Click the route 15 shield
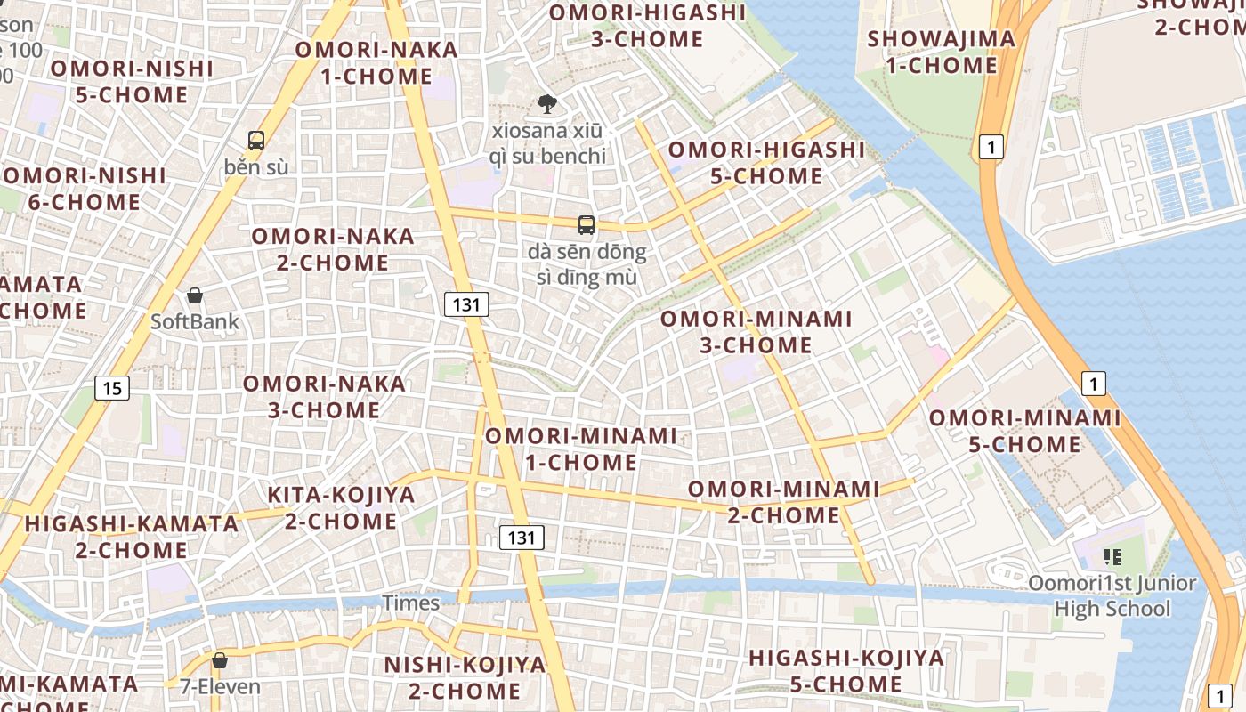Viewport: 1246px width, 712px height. coord(111,388)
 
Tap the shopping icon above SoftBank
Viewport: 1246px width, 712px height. coord(195,295)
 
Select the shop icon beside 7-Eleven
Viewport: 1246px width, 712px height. coord(219,660)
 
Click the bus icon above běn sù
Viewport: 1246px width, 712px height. coord(256,140)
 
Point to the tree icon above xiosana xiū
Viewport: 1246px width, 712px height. coord(547,105)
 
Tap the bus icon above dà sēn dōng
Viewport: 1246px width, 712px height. coord(586,225)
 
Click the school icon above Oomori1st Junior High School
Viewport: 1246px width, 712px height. coord(1112,557)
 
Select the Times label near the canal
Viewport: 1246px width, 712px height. coord(411,603)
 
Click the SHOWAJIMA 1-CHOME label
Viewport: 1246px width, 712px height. coord(942,52)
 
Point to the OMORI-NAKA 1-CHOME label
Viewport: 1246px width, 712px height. coord(376,62)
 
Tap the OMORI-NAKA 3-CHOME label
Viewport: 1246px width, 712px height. coord(324,397)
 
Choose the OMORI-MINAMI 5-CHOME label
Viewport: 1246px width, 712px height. coord(1025,431)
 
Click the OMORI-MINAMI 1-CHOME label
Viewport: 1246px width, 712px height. coord(580,449)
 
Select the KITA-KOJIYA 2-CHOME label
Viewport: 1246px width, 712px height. coord(342,507)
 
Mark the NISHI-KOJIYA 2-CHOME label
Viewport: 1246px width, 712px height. coord(465,677)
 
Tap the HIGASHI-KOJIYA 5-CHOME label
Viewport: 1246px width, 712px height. coord(846,671)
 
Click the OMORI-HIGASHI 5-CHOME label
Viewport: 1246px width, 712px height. coord(766,163)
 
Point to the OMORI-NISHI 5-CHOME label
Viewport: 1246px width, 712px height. coord(132,81)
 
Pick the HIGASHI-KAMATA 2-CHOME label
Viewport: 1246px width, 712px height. coord(132,537)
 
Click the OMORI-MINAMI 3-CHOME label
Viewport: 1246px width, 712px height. coord(756,331)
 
